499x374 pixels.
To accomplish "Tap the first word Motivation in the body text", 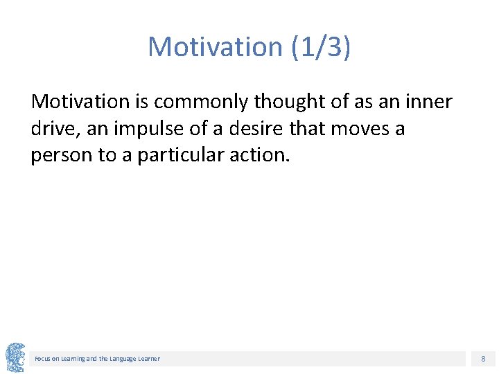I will [80, 102].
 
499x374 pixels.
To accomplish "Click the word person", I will [62, 155].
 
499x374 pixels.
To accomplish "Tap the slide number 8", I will [482, 359].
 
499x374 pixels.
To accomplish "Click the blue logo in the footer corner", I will [15, 357].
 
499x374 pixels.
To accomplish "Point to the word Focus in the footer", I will [42, 359].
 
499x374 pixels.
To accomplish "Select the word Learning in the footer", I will [71, 359].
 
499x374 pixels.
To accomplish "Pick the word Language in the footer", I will [121, 359].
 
